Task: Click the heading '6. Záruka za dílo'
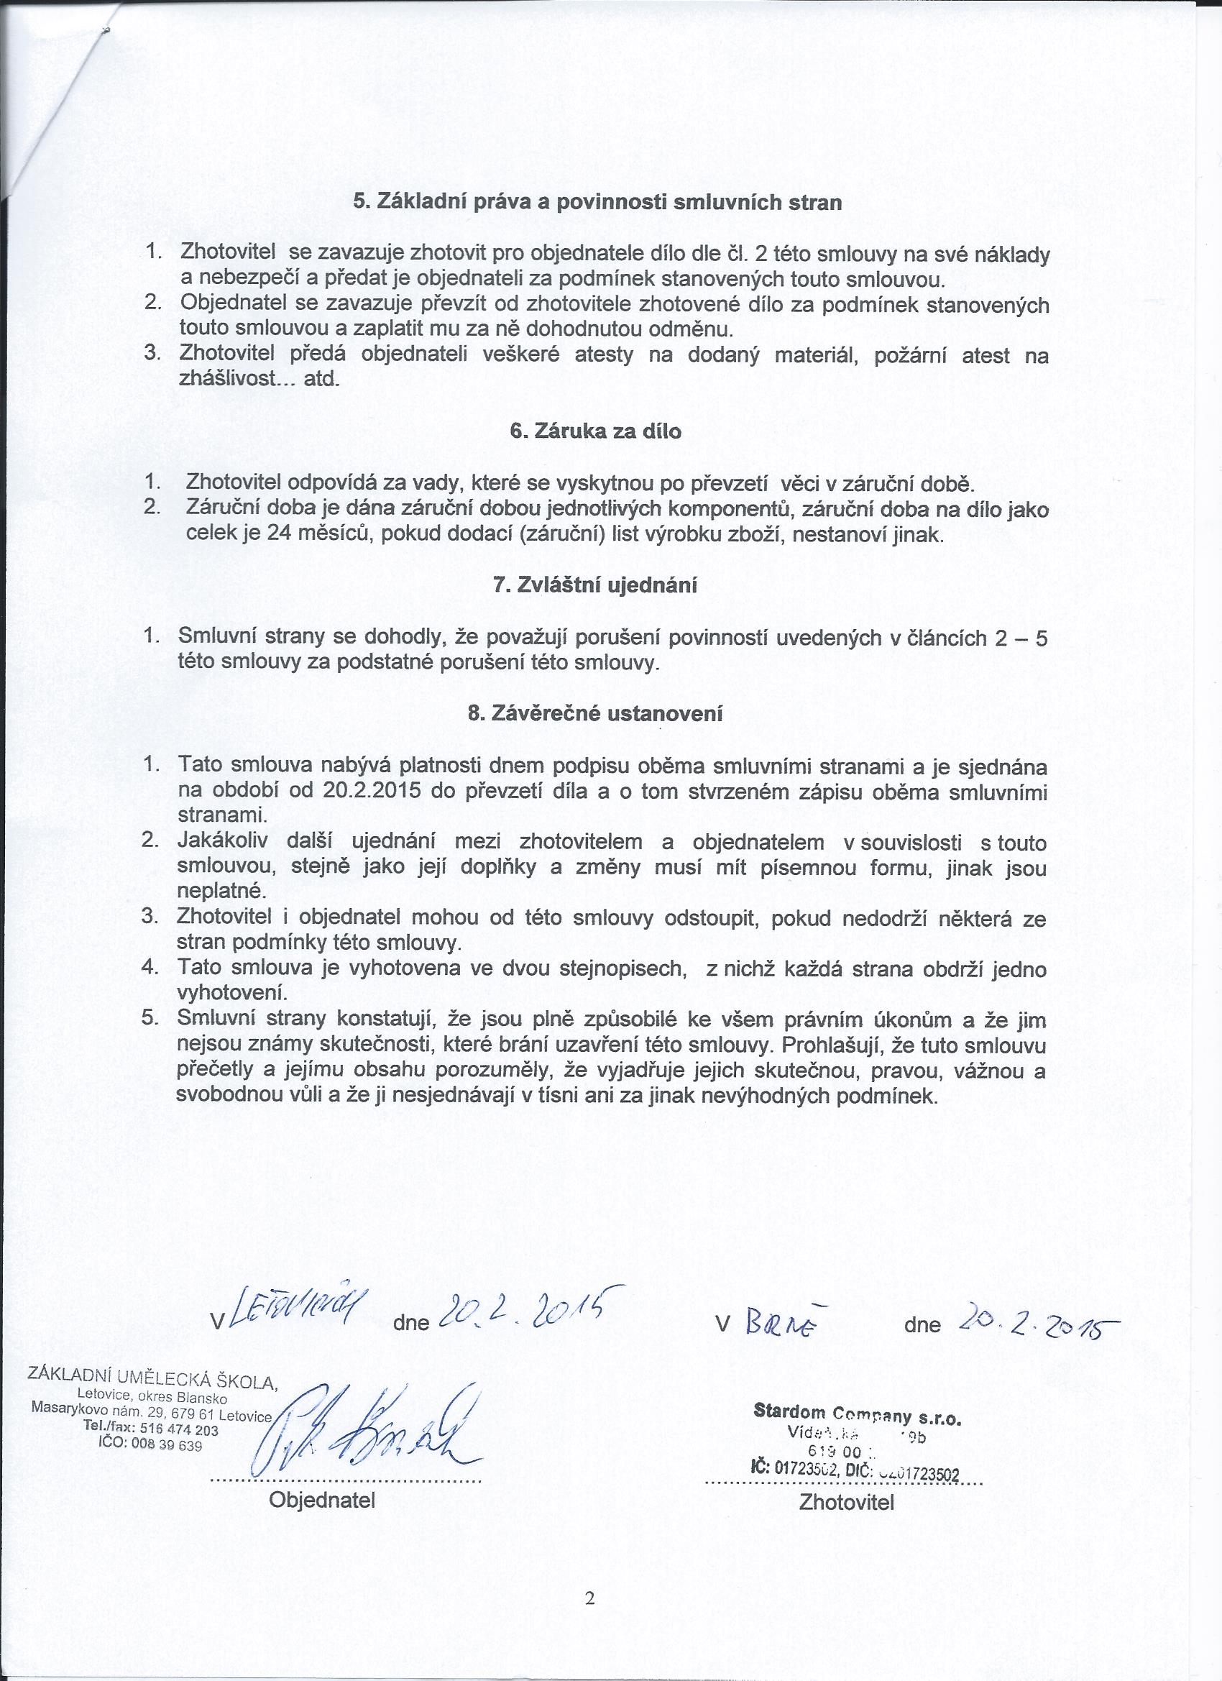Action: tap(596, 431)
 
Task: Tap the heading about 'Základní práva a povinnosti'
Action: tap(597, 202)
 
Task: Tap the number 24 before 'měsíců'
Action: tap(278, 535)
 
